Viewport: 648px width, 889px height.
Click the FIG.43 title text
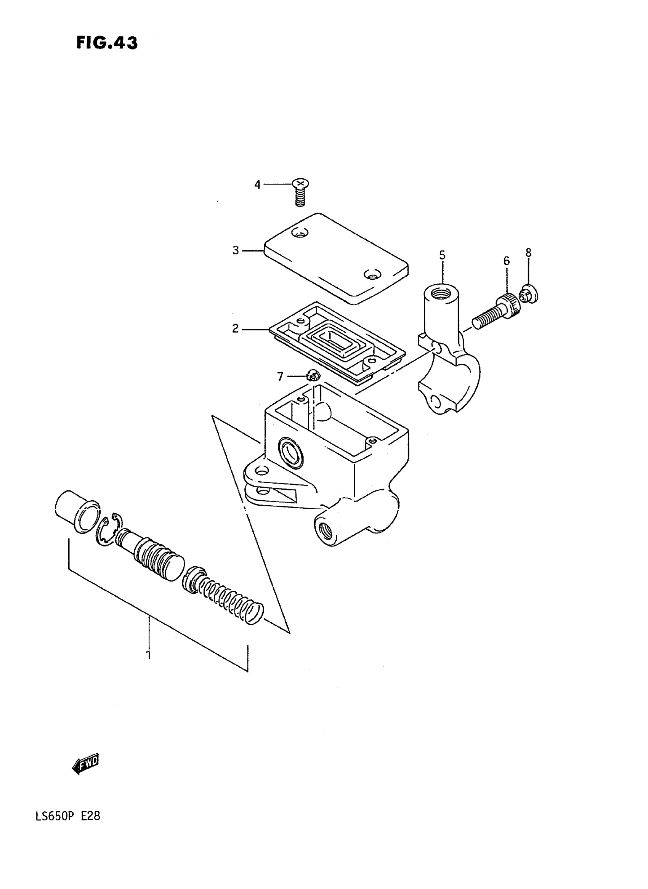click(x=107, y=43)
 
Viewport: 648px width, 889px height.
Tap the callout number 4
click(x=257, y=185)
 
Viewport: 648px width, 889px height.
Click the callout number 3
click(x=235, y=250)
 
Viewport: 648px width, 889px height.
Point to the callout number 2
click(x=235, y=328)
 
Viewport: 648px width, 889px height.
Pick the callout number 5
click(x=442, y=256)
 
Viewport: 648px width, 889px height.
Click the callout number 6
click(x=507, y=261)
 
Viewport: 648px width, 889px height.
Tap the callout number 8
click(x=528, y=253)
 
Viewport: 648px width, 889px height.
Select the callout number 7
click(x=280, y=377)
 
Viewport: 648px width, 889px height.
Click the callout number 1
click(x=148, y=655)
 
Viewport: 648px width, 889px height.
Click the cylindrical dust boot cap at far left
click(x=77, y=511)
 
